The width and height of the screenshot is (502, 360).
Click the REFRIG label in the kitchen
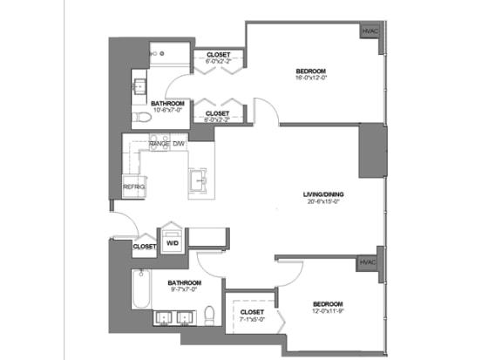tap(133, 187)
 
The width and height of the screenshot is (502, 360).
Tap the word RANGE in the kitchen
tap(159, 142)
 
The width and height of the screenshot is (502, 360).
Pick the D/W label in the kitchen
tap(179, 142)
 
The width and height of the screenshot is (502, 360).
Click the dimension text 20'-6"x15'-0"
tap(322, 202)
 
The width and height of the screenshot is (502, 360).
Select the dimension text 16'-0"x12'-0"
tap(311, 78)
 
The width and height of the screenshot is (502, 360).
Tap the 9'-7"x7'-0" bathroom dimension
tap(186, 291)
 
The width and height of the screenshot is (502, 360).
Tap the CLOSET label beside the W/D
tap(144, 247)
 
